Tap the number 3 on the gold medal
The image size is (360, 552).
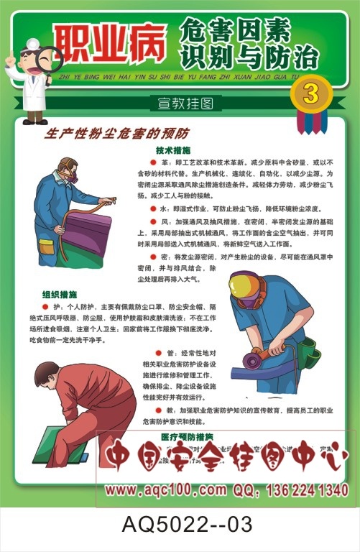click(x=310, y=93)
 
